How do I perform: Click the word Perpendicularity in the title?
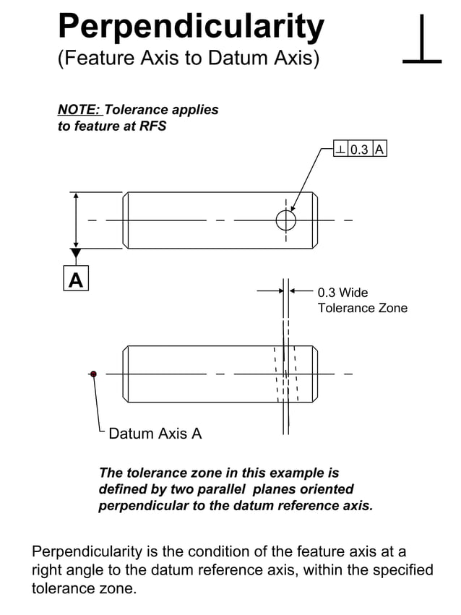191,27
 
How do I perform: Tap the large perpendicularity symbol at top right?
421,42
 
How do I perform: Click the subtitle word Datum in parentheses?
239,59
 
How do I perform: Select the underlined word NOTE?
79,111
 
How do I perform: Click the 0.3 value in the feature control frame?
359,150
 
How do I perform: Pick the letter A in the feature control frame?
379,150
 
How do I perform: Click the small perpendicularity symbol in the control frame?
340,150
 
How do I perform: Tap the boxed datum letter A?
76,279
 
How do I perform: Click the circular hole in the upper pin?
286,220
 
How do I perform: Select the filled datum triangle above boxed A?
76,254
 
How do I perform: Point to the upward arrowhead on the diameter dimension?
76,197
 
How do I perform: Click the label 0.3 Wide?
342,293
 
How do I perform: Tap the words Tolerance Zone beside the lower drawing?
363,309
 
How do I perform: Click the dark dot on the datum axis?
93,374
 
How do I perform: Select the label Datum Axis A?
155,434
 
